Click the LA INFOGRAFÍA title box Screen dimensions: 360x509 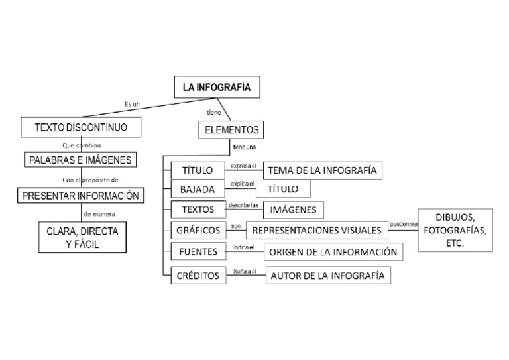(x=212, y=87)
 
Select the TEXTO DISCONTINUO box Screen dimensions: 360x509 (x=82, y=126)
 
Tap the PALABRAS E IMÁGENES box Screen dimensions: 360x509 (x=82, y=160)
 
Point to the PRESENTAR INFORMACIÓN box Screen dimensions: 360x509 (x=81, y=196)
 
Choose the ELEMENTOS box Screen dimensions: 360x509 (x=229, y=129)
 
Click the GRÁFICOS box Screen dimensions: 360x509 (x=198, y=231)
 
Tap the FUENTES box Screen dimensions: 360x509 (x=198, y=252)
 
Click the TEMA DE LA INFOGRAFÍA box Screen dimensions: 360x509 (x=323, y=170)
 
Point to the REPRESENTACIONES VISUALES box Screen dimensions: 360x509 (x=317, y=231)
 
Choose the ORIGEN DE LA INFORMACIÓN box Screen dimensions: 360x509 (x=333, y=252)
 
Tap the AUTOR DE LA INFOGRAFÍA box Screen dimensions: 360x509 (x=327, y=276)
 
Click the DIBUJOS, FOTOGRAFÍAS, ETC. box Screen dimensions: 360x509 (x=456, y=231)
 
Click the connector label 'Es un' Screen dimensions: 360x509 (x=133, y=103)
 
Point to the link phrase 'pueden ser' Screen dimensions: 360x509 (x=404, y=224)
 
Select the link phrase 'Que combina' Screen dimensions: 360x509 (x=81, y=143)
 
